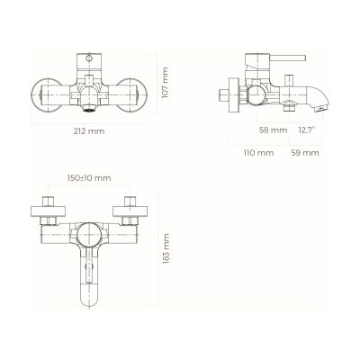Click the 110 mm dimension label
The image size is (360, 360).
point(258,153)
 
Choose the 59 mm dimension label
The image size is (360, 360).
point(306,153)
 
